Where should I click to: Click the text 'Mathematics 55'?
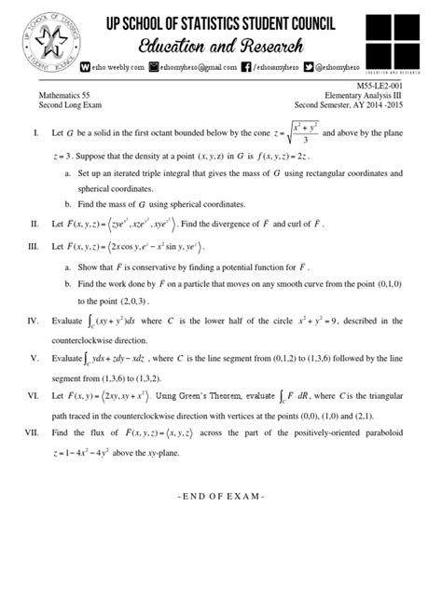[x=75, y=94]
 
